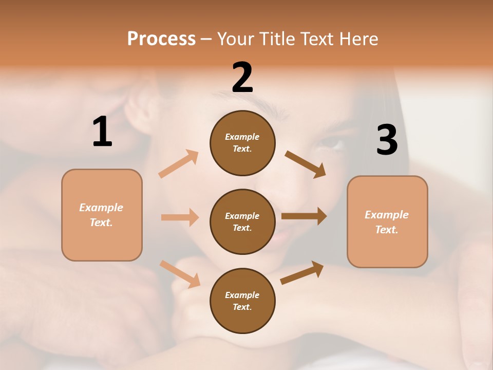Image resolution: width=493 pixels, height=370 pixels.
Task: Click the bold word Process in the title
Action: (x=161, y=39)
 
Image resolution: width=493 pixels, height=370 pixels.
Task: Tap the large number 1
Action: (x=102, y=132)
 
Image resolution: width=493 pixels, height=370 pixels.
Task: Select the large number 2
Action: (x=242, y=78)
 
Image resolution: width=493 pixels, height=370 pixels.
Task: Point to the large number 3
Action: (x=387, y=140)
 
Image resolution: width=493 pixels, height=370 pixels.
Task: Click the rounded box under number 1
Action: (x=102, y=215)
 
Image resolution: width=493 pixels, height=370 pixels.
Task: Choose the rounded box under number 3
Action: (x=387, y=222)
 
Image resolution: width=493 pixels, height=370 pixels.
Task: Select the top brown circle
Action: (x=242, y=143)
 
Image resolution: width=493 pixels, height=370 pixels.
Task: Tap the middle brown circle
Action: (x=242, y=221)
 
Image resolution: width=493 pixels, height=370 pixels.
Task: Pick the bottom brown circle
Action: (x=242, y=301)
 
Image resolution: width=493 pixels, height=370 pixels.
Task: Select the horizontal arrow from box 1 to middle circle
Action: (x=180, y=217)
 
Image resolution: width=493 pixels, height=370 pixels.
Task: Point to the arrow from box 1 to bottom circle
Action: (x=180, y=274)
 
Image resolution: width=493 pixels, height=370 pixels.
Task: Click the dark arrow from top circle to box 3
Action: (x=306, y=164)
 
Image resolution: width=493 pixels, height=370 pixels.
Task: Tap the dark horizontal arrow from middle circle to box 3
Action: (x=304, y=216)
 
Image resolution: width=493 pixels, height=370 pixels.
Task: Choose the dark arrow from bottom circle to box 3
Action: (x=302, y=273)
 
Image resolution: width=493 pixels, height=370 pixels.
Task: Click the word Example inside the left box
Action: (x=101, y=208)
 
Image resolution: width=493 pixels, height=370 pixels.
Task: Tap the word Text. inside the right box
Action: (x=387, y=230)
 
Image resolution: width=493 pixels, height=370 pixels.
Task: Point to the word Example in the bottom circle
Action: (x=242, y=295)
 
